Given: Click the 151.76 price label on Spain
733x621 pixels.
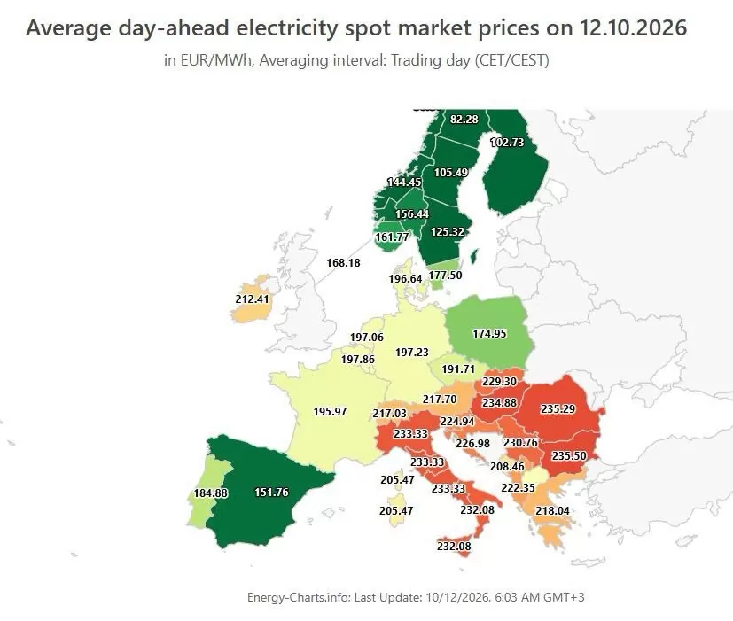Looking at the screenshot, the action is pos(271,492).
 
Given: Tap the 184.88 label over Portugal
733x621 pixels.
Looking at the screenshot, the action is pos(211,493).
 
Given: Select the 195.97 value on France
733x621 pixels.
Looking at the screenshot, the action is pos(330,412).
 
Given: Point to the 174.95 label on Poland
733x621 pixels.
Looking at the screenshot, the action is pos(489,334).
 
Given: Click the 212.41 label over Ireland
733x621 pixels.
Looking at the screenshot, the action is pos(253,299).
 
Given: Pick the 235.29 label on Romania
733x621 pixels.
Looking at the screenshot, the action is pos(558,409).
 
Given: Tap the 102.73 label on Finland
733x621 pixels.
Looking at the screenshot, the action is pos(507,142).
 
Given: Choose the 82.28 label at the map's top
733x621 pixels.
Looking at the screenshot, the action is pos(464,120).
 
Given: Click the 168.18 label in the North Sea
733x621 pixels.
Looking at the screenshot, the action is pos(344,262).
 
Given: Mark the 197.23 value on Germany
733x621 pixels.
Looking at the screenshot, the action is pos(412,353).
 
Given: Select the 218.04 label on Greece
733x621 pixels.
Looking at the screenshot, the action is pos(552,511).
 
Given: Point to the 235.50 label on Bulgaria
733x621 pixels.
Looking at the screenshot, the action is pos(569,455).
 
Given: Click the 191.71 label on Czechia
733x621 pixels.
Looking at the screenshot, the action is pos(458,369).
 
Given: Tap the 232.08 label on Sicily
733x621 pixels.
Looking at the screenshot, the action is pos(454,546).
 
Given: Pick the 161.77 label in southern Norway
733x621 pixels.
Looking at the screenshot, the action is pos(392,237).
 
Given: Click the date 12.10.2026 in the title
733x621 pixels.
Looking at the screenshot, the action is pos(634,27).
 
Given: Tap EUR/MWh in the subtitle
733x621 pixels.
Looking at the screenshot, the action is pos(215,60).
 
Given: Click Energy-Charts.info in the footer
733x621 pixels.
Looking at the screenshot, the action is pos(298,597).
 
